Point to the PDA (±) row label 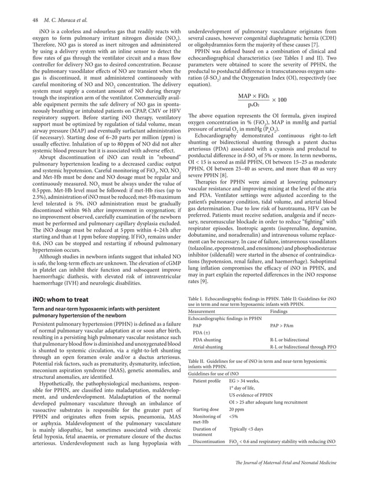pyautogui.click(x=202, y=333)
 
